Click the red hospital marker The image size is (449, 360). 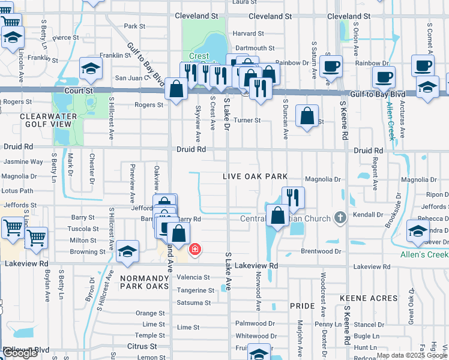pos(194,250)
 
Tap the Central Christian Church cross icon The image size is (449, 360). pos(341,217)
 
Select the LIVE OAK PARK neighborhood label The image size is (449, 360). pos(255,176)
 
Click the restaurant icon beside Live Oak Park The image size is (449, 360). pos(293,197)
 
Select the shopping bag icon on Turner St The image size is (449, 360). pos(307,116)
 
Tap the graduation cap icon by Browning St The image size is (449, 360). pos(127,251)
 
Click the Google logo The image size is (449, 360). pos(20,353)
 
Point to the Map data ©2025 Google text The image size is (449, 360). pos(412,355)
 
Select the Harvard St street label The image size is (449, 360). pos(249,34)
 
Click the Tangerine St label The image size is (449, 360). pos(195,290)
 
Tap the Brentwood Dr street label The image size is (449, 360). pos(321,251)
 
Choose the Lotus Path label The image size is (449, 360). pos(18,191)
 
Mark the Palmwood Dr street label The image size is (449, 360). pos(255,323)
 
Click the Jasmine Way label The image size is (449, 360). pos(23,162)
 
